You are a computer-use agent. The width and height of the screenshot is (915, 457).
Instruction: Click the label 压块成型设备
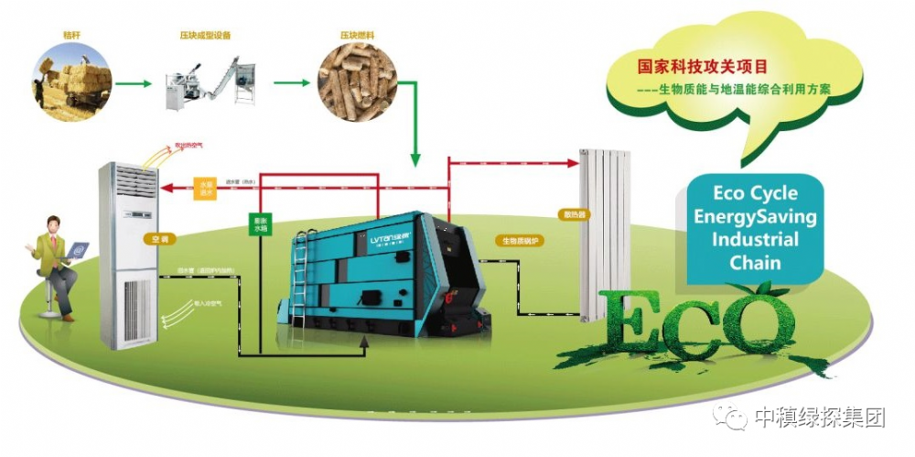[204, 35]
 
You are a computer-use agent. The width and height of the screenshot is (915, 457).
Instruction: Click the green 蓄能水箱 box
[261, 224]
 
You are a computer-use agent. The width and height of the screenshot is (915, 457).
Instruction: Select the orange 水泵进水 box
[206, 188]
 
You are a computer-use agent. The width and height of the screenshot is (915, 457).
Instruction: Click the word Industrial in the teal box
[757, 240]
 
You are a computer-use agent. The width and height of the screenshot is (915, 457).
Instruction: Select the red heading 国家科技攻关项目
[703, 67]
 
